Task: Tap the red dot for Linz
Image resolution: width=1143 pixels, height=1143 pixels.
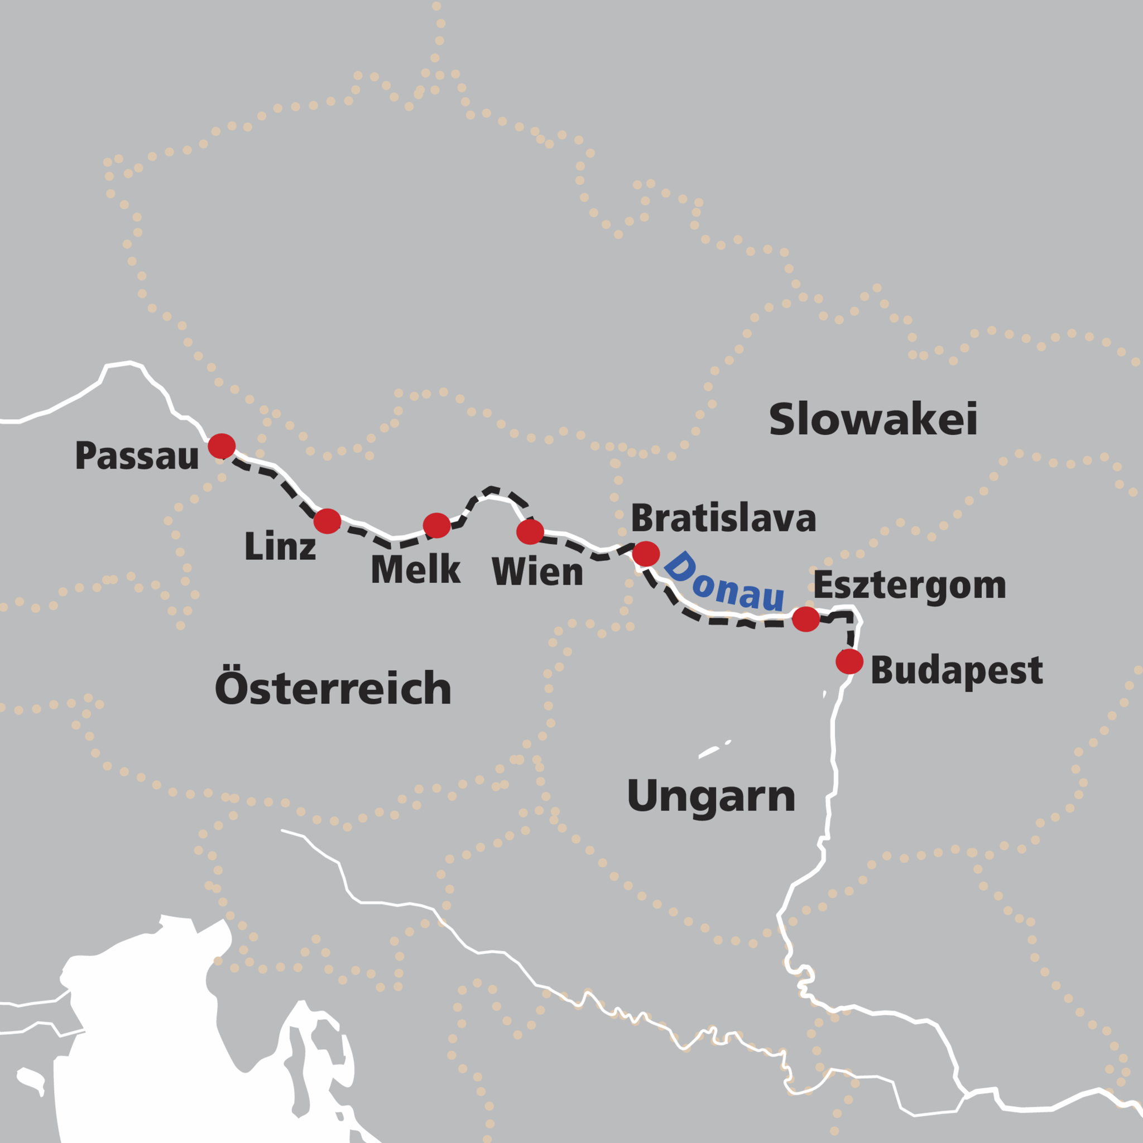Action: pos(327,521)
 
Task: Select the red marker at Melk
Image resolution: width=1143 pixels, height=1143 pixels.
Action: pos(436,525)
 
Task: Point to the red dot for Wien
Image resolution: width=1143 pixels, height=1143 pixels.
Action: pos(530,532)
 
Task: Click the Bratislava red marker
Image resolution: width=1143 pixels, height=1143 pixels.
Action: pos(646,554)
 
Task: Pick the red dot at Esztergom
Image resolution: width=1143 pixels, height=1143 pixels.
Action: pos(806,619)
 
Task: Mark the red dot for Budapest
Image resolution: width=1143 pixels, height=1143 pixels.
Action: pos(849,661)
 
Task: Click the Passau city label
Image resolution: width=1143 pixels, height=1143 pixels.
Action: pos(137,456)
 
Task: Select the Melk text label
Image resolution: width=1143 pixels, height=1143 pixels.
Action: pos(415,570)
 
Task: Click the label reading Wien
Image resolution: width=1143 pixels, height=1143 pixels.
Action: pos(537,572)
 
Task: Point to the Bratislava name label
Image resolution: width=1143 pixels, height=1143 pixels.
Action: pos(723,518)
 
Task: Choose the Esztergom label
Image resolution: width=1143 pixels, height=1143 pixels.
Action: pos(910,585)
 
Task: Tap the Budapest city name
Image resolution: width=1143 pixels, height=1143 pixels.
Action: pos(957,671)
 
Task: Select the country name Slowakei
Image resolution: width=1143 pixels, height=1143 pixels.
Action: pos(873,420)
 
